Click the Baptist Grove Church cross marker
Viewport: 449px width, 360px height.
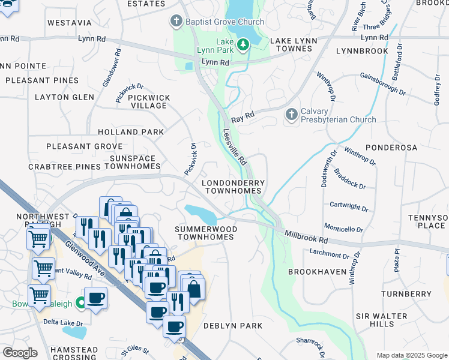pyautogui.click(x=176, y=22)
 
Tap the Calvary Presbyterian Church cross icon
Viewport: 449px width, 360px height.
pyautogui.click(x=291, y=113)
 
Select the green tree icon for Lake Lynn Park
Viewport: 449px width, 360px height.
pyautogui.click(x=243, y=44)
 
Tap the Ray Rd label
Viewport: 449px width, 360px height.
pyautogui.click(x=243, y=114)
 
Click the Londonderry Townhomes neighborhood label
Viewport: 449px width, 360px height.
pyautogui.click(x=232, y=186)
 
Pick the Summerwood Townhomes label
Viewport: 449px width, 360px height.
pyautogui.click(x=205, y=233)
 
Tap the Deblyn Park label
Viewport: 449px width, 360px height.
pyautogui.click(x=232, y=326)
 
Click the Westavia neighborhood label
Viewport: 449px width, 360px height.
pyautogui.click(x=69, y=23)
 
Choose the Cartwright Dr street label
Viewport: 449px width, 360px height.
pyautogui.click(x=349, y=207)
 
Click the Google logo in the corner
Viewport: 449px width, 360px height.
pyautogui.click(x=20, y=352)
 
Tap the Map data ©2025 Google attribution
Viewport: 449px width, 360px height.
pyautogui.click(x=411, y=355)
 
